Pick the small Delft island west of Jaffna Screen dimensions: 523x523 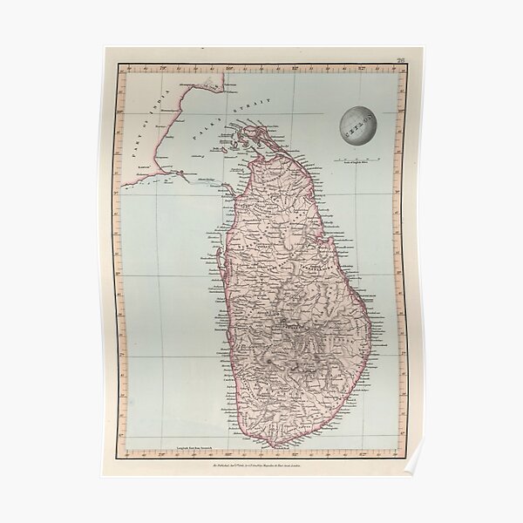click(x=225, y=148)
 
